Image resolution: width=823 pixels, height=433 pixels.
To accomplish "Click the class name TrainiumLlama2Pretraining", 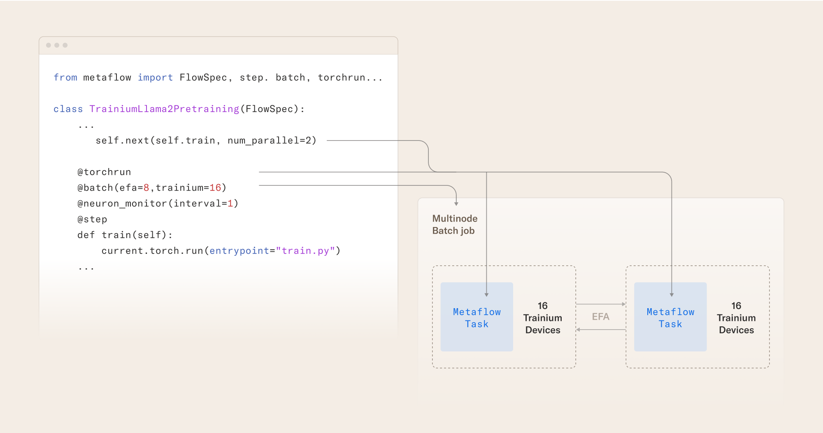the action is pos(164,109).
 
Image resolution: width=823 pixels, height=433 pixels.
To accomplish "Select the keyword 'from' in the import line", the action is pos(65,77).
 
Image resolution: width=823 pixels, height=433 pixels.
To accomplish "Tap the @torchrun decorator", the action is pos(104,172).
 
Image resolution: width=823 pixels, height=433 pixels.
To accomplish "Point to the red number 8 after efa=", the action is pos(146,188).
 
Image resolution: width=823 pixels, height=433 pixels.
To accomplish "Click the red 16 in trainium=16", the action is pos(215,188).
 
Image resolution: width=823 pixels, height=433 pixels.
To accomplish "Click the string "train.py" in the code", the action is pos(305,251).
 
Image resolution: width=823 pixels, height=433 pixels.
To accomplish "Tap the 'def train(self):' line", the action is pos(125,235).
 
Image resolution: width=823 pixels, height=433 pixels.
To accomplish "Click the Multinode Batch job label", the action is pos(455,225).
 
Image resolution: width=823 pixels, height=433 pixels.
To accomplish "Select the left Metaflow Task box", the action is pos(477,317).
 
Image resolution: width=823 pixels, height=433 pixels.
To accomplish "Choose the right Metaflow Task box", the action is pos(670,317).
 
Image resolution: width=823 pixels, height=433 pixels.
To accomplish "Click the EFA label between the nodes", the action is pos(600,317).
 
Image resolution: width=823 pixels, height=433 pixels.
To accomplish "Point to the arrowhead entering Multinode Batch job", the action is pos(456,204).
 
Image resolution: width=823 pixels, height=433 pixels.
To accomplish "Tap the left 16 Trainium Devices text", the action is pos(543,318).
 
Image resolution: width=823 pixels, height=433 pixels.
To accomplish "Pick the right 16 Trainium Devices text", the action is pos(736,318).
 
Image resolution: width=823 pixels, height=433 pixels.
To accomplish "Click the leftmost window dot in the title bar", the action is pos(49,45).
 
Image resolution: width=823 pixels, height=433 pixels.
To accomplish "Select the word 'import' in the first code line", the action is pos(155,77).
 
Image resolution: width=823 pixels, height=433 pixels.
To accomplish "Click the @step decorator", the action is pos(92,219).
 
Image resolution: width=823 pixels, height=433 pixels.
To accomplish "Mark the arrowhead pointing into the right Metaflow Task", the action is pos(672,295).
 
